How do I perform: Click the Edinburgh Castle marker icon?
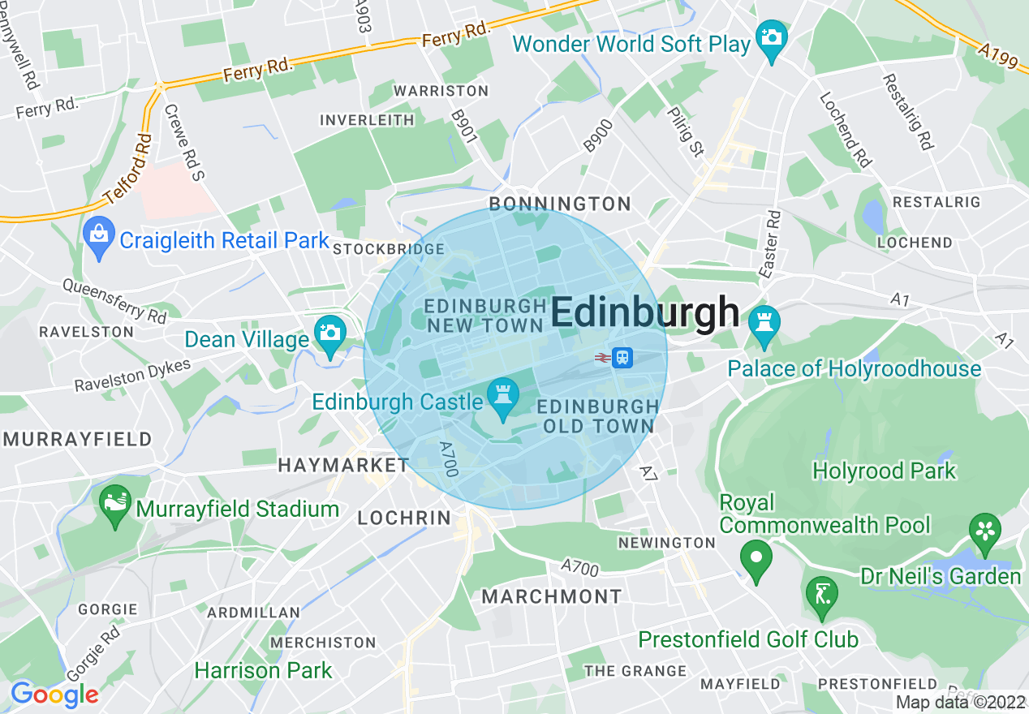point(503,398)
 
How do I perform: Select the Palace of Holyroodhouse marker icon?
point(763,323)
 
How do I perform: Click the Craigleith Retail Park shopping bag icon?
point(99,236)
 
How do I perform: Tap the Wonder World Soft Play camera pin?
point(771,38)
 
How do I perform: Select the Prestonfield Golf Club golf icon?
point(821,596)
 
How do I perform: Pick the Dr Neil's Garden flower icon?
point(985,531)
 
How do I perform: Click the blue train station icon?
point(622,357)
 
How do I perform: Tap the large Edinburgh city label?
point(646,312)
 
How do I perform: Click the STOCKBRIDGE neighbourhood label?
point(389,249)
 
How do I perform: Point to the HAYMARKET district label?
point(343,465)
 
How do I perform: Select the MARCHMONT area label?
point(552,596)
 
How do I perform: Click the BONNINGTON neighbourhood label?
point(560,204)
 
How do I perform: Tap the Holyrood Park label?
point(884,471)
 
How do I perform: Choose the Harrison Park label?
point(263,670)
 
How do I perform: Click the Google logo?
point(54,695)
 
